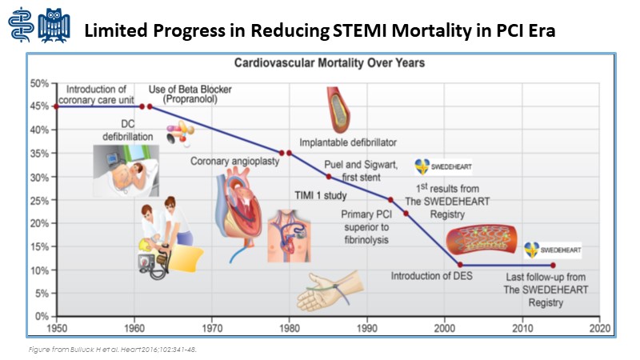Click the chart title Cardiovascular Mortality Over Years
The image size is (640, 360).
click(x=328, y=62)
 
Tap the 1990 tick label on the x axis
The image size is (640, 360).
click(x=366, y=328)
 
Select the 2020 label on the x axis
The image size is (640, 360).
click(x=600, y=328)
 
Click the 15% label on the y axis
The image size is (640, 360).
click(x=40, y=246)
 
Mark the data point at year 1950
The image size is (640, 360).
click(x=55, y=106)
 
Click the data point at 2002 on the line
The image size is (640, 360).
click(x=460, y=265)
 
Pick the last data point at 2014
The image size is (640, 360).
click(x=553, y=265)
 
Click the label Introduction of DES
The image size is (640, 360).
click(x=430, y=277)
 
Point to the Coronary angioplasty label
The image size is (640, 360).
click(x=230, y=162)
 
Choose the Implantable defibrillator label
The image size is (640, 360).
click(x=348, y=143)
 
